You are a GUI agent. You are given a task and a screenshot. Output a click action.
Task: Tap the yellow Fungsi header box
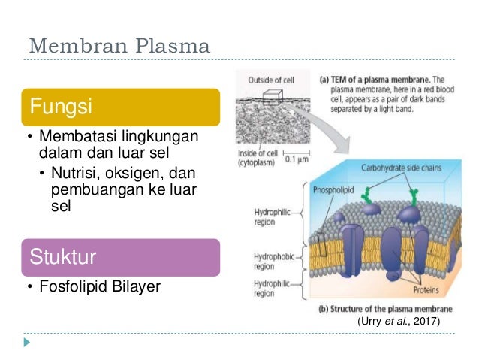pyautogui.click(x=124, y=107)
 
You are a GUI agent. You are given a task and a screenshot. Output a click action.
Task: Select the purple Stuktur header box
pyautogui.click(x=124, y=258)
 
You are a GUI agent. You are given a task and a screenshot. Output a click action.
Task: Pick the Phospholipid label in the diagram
pyautogui.click(x=332, y=191)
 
